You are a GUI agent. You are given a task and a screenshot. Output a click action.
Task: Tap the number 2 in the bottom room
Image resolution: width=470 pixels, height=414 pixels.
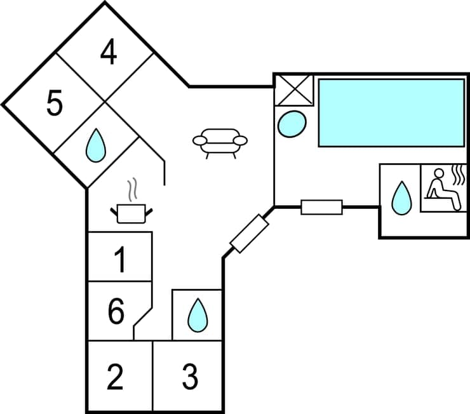(115, 377)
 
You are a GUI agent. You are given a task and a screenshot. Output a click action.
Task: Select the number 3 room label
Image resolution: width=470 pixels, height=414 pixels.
(190, 377)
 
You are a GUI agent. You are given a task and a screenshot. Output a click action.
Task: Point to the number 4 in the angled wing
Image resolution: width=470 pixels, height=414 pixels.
(109, 53)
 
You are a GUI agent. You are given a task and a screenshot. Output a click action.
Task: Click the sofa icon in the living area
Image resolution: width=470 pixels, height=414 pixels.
(220, 142)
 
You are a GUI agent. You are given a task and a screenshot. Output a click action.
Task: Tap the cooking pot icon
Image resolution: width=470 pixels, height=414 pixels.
(133, 213)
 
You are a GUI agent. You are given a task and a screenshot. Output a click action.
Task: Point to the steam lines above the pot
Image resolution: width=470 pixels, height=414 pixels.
(131, 189)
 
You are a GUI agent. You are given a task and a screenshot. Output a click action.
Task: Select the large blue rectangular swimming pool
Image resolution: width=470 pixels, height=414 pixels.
(391, 112)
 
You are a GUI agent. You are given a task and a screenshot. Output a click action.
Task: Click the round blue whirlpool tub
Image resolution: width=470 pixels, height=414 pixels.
(292, 123)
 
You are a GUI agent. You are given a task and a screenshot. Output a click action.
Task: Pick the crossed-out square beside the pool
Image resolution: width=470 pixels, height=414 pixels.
(293, 90)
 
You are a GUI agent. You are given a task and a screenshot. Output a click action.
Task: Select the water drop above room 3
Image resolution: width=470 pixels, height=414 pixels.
(198, 315)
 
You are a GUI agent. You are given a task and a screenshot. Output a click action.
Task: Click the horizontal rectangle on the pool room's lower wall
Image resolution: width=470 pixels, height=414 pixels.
(321, 207)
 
